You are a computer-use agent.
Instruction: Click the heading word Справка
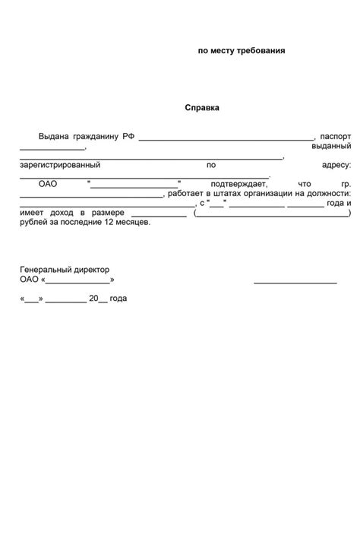[x=202, y=108]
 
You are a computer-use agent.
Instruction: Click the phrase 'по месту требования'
[x=242, y=51]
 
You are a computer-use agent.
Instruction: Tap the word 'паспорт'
[x=336, y=136]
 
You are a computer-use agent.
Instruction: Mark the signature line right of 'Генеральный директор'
[x=295, y=283]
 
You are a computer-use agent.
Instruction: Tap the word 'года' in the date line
[x=118, y=299]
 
